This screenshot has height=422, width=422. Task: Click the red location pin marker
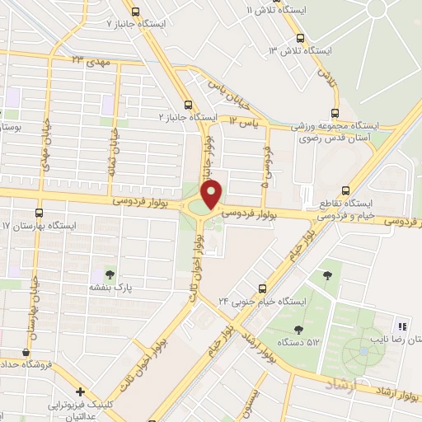coord(213,194)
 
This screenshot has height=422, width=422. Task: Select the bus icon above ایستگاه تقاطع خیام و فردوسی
coord(345,189)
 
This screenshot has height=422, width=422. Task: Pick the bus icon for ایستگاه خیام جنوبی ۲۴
coord(262,288)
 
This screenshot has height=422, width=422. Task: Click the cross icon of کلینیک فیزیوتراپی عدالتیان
coord(79,393)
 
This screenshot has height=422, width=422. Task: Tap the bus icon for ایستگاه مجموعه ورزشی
coord(335,113)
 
